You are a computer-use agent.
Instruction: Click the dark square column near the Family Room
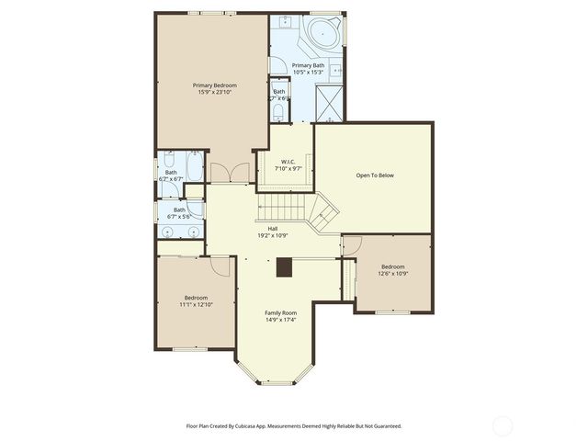coord(285,267)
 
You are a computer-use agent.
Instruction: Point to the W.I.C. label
coord(289,162)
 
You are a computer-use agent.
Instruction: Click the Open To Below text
coord(375,175)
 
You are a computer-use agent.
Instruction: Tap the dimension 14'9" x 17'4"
coord(281,320)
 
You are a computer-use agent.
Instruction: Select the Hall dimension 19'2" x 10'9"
coord(273,235)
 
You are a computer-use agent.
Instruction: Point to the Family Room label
coord(281,312)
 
